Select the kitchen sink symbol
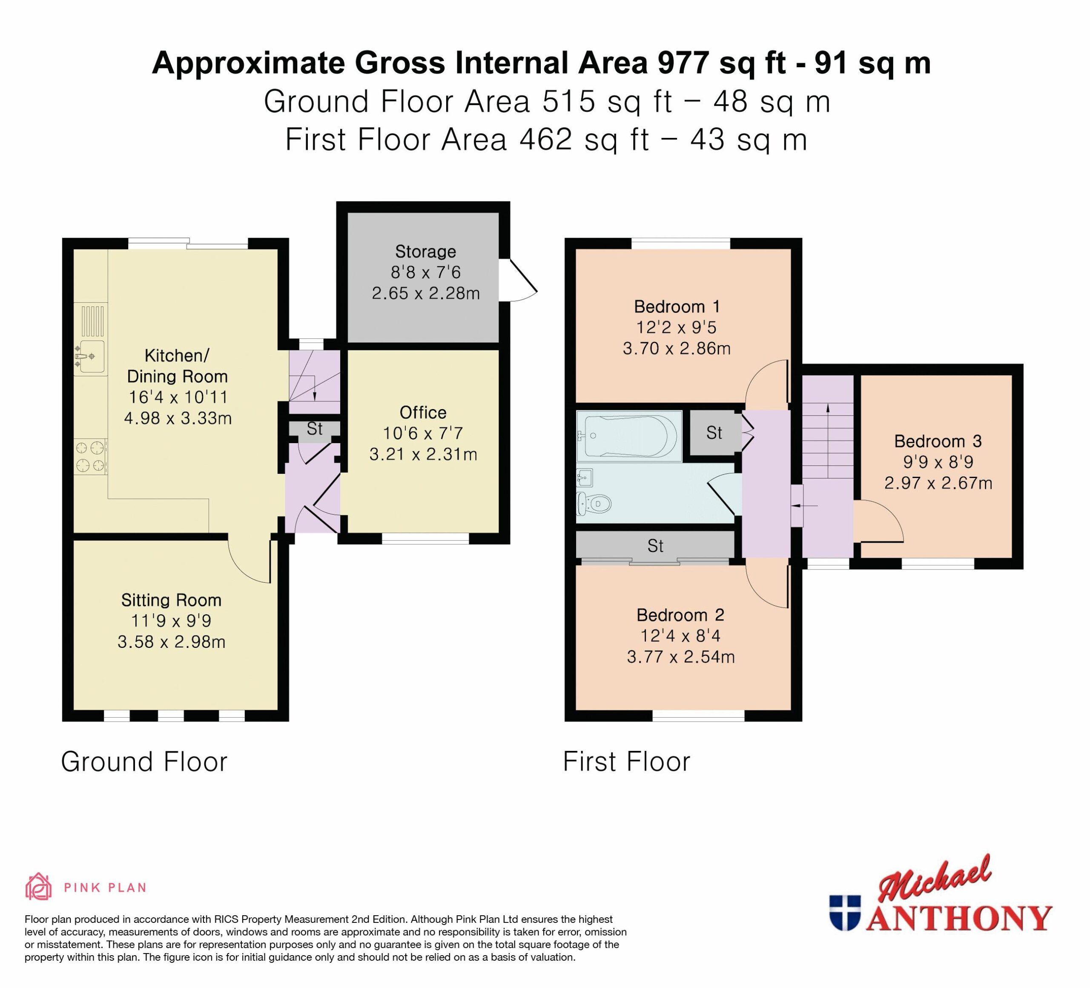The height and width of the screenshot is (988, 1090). tap(89, 357)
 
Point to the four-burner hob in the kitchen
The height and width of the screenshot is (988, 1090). tap(90, 456)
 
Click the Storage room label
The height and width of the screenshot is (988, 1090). tap(425, 251)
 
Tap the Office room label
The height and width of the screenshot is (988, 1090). tap(423, 412)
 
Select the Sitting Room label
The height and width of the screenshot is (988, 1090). tap(172, 600)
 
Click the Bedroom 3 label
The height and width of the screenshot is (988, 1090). tap(938, 441)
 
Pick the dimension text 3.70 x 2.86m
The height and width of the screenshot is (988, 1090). tap(677, 348)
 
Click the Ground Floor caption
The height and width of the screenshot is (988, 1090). tap(144, 762)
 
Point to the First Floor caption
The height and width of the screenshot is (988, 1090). tap(627, 762)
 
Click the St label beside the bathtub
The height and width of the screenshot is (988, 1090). tap(714, 432)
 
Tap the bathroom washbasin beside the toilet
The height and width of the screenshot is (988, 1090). tap(585, 478)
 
